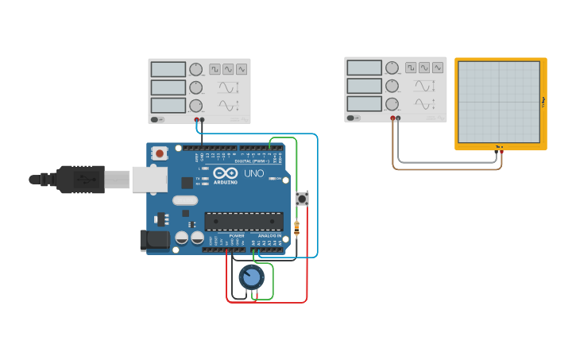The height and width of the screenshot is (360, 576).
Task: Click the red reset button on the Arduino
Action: point(160,153)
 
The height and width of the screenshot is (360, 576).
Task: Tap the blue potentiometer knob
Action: point(251,277)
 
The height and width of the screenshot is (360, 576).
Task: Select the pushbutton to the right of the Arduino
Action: point(302,199)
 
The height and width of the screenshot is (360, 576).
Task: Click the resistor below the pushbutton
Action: point(297,229)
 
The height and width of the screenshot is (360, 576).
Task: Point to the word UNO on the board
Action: point(253,173)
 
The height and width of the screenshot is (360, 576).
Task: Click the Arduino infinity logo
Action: point(225,173)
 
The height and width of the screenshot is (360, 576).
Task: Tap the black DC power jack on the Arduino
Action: point(155,240)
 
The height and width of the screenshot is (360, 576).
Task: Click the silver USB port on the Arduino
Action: point(149,180)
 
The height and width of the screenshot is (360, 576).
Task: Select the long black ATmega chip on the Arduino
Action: point(243,222)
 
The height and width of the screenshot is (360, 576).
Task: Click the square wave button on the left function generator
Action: point(215,69)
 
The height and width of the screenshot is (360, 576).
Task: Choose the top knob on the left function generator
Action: point(195,70)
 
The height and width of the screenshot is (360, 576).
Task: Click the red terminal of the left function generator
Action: point(197,120)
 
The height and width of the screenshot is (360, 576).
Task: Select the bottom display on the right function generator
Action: point(364,104)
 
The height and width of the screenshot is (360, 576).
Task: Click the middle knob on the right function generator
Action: point(392,86)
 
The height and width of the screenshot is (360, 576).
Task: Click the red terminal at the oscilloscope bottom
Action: point(502,150)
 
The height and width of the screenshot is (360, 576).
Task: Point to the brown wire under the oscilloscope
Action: point(445,168)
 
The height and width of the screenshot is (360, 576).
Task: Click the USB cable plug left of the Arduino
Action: point(79,180)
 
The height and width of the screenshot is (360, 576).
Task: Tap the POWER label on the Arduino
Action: point(237,236)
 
